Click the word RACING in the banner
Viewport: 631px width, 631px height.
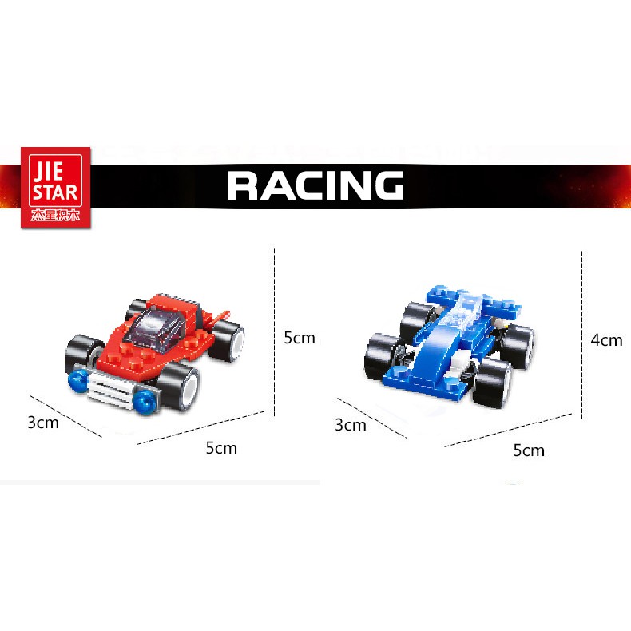(x=315, y=185)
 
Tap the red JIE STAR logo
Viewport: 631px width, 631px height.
(x=56, y=188)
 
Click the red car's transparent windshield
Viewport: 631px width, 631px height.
(x=157, y=328)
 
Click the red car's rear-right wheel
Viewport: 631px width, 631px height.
(x=228, y=340)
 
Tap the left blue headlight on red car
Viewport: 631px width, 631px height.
(x=77, y=381)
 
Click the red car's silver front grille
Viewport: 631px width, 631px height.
(x=109, y=387)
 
